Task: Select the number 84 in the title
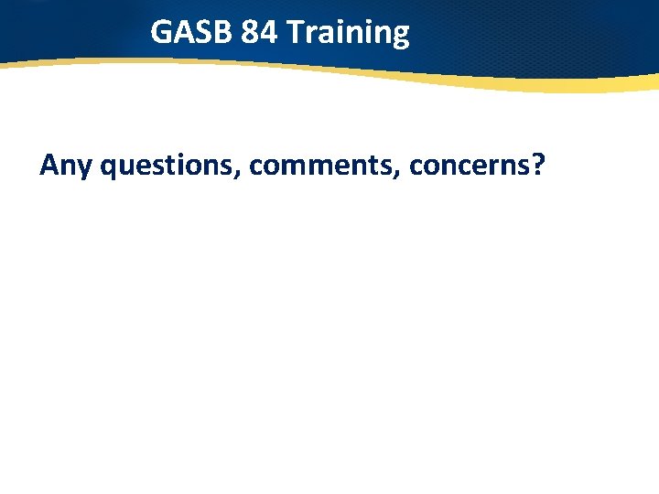260,33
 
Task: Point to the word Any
66,166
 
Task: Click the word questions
167,166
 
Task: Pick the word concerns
470,166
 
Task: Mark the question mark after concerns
537,165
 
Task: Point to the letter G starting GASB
161,33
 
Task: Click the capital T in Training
293,33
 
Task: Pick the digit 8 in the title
251,33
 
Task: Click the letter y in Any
84,169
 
